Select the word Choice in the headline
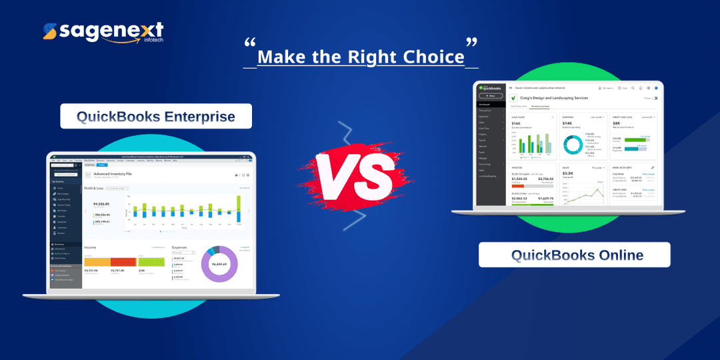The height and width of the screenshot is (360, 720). coord(431,57)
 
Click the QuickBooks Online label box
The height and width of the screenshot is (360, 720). coord(574,255)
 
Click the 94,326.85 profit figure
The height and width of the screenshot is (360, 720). coord(101,204)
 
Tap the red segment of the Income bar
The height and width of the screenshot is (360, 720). coord(123,261)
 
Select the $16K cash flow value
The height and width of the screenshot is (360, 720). coord(517,123)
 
